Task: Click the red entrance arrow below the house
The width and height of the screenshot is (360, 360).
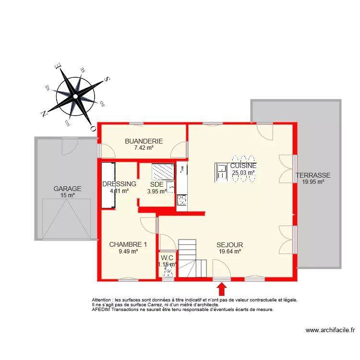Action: [x=222, y=288]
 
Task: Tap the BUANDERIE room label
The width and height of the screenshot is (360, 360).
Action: [x=144, y=141]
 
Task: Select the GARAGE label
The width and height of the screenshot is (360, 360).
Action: [x=67, y=189]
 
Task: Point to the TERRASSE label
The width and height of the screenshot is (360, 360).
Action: [x=313, y=175]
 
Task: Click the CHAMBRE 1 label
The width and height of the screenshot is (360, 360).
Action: [x=128, y=244]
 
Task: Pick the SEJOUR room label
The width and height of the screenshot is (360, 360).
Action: [x=229, y=244]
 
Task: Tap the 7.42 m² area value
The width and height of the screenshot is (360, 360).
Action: [x=144, y=148]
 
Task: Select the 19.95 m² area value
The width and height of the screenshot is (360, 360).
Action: [x=313, y=181]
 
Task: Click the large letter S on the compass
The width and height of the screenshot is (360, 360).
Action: [x=108, y=79]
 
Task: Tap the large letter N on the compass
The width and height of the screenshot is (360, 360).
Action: [x=44, y=114]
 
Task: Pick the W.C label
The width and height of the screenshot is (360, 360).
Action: [x=168, y=257]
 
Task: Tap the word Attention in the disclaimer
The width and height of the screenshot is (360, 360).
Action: [x=103, y=300]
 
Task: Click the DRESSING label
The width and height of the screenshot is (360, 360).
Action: [x=119, y=184]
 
